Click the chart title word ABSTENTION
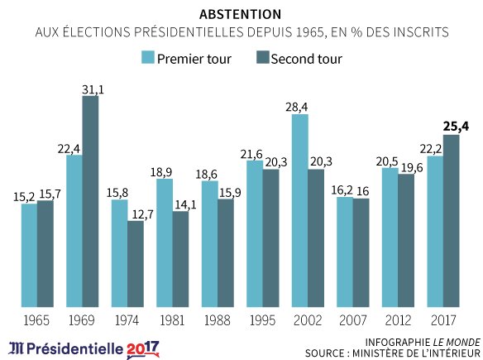pos(240,15)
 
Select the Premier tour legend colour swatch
pos(149,58)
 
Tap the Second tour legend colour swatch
pos(264,58)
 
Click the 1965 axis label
pos(36,319)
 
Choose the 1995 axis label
pos(262,319)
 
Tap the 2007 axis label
pos(352,319)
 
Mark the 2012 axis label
pos(398,319)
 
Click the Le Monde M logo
pos(17,347)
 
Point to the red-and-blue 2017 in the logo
pos(142,347)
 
